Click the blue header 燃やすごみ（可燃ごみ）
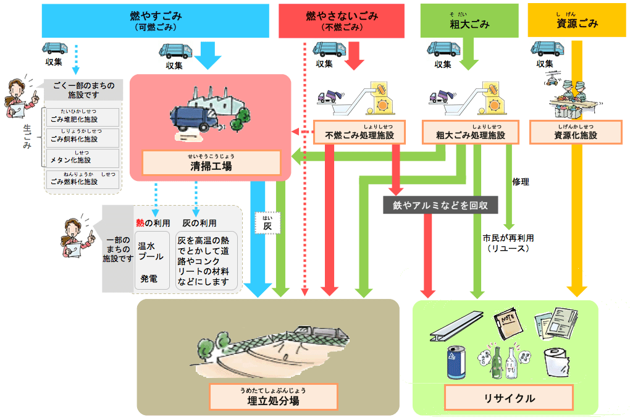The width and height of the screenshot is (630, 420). point(156,20)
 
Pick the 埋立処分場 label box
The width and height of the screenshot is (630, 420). point(273,397)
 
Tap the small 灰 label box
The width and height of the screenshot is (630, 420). point(267,223)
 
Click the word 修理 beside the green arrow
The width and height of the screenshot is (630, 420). point(521,182)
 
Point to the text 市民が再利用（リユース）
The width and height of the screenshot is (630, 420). point(508,243)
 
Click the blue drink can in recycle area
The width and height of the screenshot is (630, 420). point(456,362)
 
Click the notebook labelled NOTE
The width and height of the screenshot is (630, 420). point(509,324)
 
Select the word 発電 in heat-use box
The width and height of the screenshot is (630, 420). point(148,279)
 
